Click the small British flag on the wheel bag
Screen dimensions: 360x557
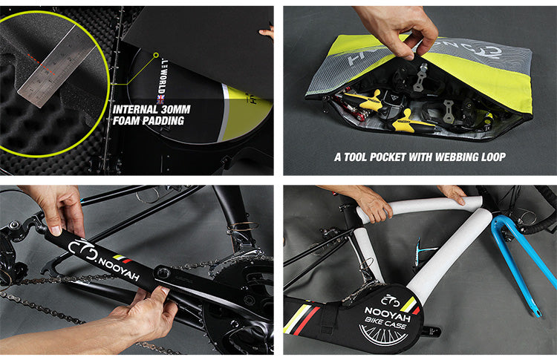click(x=159, y=99)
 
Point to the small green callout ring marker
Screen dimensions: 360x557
click(x=155, y=54)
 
